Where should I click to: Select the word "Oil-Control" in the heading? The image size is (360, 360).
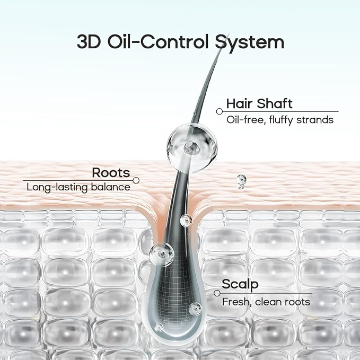point(158,41)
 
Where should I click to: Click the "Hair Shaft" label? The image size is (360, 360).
point(259,103)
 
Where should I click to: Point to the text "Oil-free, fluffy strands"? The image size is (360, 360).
point(280,120)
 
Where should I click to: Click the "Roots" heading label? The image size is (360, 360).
point(111,173)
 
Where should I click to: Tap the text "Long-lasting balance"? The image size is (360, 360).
point(78,187)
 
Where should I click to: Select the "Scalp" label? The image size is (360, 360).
point(240,285)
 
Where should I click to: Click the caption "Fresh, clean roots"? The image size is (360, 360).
point(266,302)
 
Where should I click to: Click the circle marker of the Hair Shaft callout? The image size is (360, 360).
point(219,111)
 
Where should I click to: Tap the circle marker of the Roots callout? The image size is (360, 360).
point(136,180)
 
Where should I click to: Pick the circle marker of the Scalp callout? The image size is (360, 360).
point(217,293)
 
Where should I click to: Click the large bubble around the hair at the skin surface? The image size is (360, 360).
point(192,147)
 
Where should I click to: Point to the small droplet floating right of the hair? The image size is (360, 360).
point(241,181)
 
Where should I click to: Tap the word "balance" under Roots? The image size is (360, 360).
point(111,187)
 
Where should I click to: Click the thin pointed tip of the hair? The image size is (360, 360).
point(229,34)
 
